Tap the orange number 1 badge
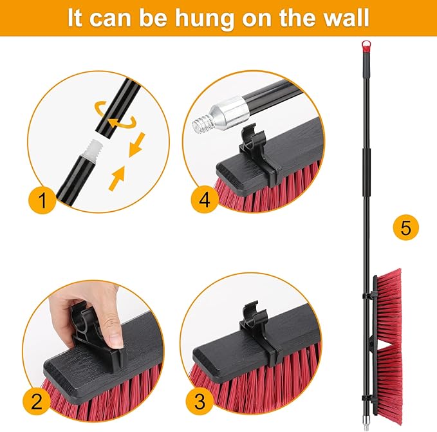click(42, 201)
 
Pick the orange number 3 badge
click(201, 403)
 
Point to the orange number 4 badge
click(204, 201)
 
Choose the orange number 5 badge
click(405, 227)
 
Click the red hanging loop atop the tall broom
click(367, 45)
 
